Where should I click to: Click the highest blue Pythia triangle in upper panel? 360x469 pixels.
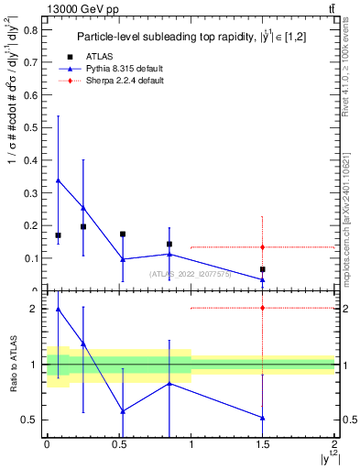tap(59, 180)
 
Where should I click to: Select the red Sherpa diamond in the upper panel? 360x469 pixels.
tap(263, 247)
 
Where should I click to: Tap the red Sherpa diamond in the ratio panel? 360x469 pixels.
tap(263, 308)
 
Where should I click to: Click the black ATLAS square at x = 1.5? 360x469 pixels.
tap(263, 269)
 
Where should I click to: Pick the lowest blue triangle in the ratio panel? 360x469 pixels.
tap(263, 418)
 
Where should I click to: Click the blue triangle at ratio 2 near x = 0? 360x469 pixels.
tap(59, 309)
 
